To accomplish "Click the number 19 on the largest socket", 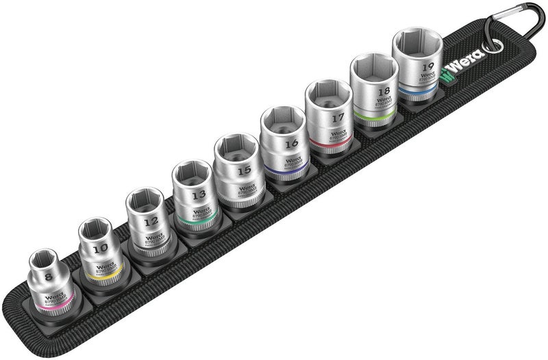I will tap(429, 66).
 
